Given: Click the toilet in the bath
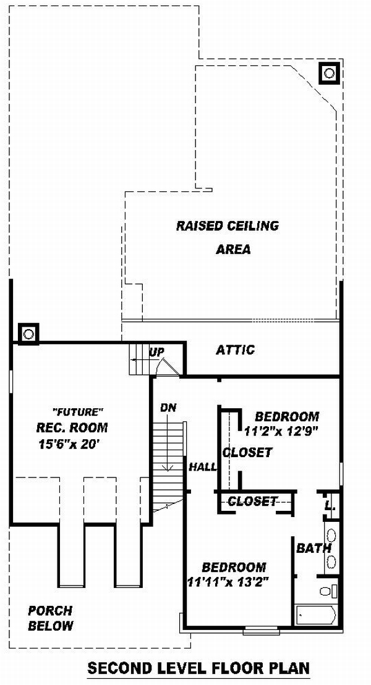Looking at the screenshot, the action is (x=329, y=591).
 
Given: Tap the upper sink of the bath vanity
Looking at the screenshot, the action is (x=331, y=536).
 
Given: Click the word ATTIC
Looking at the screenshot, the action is (x=236, y=350).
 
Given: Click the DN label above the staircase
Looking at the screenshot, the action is (x=168, y=408).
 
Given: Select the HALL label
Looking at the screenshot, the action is (x=203, y=467).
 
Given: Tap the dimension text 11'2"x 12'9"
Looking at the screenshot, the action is (x=281, y=431).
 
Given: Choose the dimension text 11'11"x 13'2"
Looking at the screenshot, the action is (x=228, y=582).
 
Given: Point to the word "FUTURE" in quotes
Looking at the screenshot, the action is (x=77, y=411).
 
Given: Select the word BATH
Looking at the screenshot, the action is (x=313, y=548).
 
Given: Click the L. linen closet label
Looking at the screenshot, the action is (x=330, y=506).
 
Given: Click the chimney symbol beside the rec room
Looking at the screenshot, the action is (x=28, y=334).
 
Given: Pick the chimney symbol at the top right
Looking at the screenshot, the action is (x=329, y=73).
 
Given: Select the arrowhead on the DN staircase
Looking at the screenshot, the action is (x=167, y=468).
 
